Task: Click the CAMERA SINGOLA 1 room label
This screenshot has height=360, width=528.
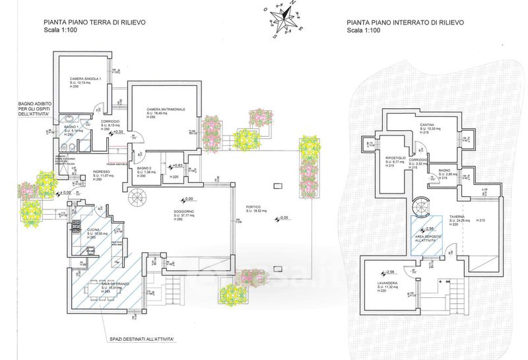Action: [85, 79]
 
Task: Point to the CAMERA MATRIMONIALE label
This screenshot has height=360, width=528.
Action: [166, 109]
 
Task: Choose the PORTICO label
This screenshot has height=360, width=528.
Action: [255, 207]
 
